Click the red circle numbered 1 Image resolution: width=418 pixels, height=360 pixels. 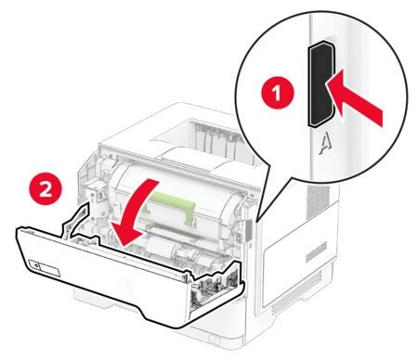pyautogui.click(x=278, y=93)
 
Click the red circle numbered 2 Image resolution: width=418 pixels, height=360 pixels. pyautogui.click(x=46, y=188)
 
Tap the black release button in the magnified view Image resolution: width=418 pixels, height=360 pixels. pyautogui.click(x=320, y=84)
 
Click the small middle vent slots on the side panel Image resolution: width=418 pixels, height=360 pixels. pyautogui.click(x=316, y=251)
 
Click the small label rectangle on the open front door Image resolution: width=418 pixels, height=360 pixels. pyautogui.click(x=44, y=267)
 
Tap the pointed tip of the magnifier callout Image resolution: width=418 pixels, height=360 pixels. pyautogui.click(x=256, y=222)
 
